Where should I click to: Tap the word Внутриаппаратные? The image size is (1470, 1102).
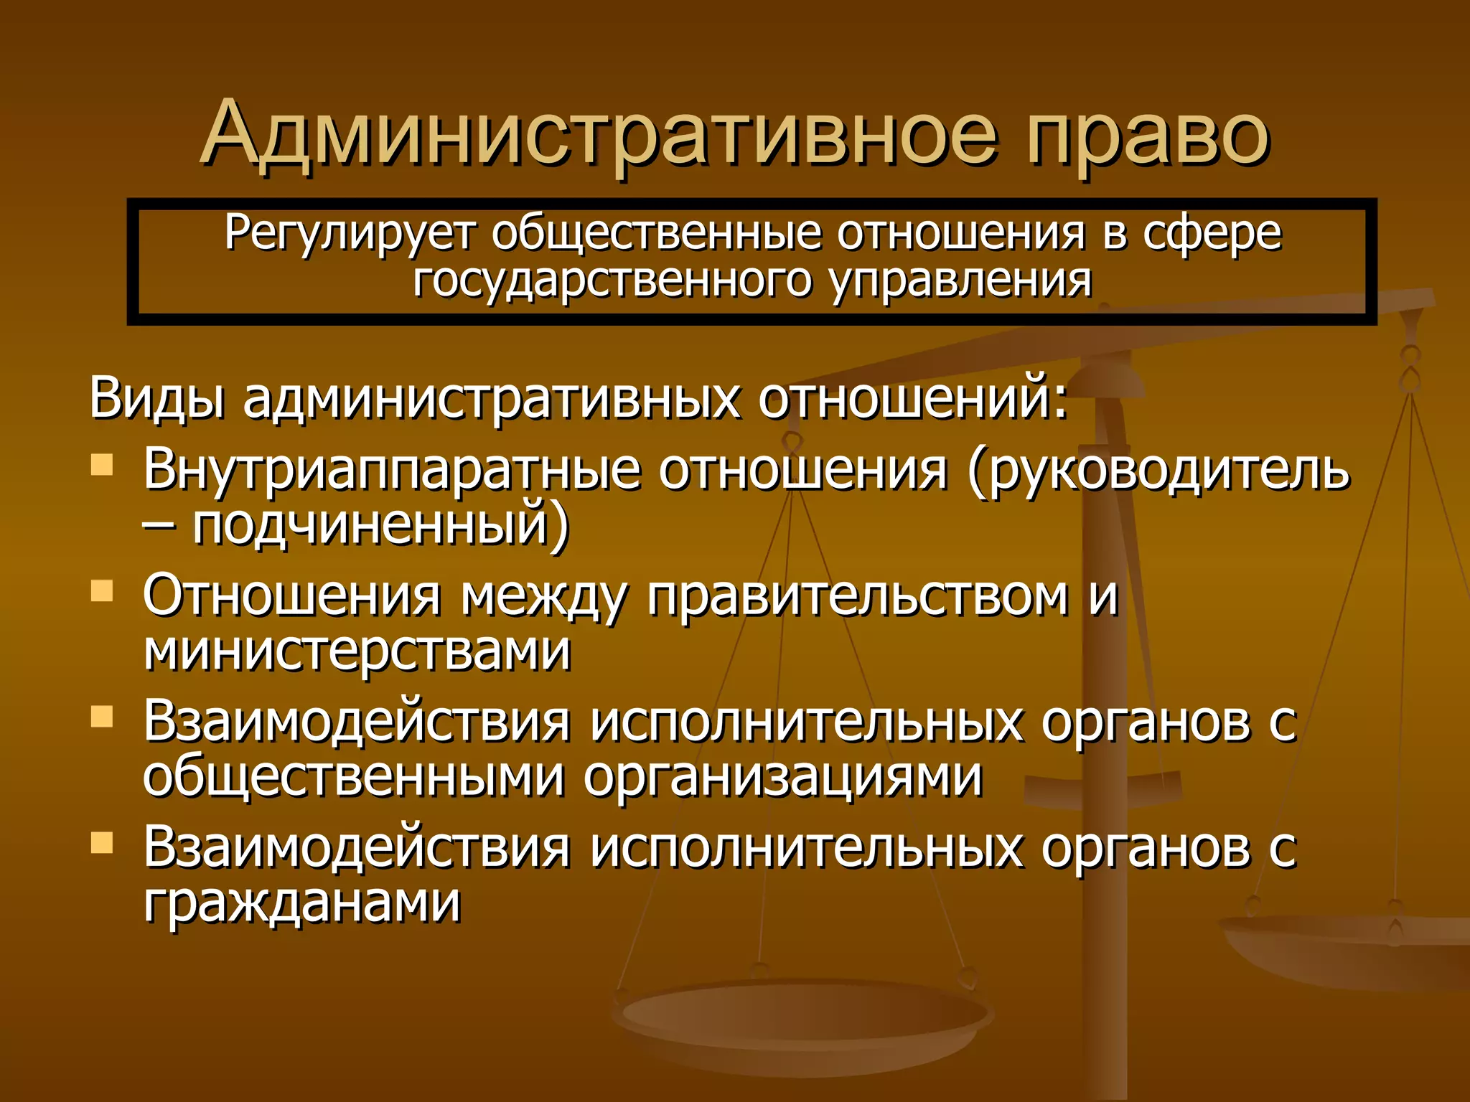click(x=392, y=471)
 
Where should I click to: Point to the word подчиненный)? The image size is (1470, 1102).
click(x=381, y=526)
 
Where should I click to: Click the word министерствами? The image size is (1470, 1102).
click(x=357, y=651)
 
